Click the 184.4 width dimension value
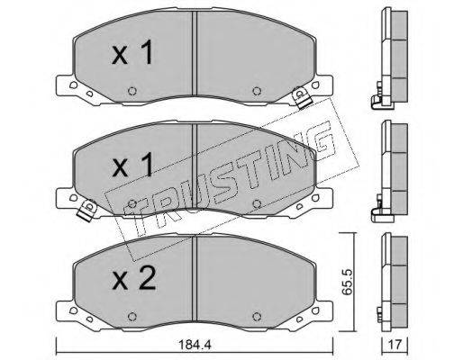[x=195, y=345]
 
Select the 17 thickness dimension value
[x=395, y=345]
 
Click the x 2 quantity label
[x=134, y=279]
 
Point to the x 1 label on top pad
[x=132, y=53]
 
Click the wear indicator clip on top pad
[x=302, y=97]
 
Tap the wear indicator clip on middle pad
[x=87, y=211]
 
